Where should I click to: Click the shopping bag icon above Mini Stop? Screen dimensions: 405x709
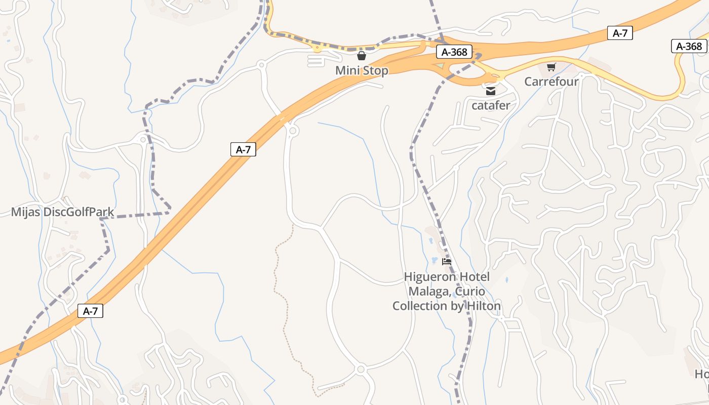(x=362, y=56)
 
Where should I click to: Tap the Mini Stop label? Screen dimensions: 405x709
(x=362, y=70)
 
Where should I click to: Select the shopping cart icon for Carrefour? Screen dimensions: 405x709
(x=552, y=67)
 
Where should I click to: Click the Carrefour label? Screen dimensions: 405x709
(x=551, y=82)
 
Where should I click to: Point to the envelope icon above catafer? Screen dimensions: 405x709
(x=491, y=91)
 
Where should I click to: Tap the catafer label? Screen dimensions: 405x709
(x=491, y=106)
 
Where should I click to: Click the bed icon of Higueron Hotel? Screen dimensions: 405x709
(x=446, y=262)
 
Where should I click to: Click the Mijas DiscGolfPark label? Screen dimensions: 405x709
(x=63, y=212)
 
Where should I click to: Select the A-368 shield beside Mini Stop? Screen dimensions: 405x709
(x=454, y=52)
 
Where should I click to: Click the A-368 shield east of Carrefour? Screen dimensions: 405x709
(x=689, y=47)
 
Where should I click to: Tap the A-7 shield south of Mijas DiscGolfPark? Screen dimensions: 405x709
(x=90, y=311)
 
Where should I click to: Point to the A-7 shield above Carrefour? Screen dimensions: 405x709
(x=620, y=33)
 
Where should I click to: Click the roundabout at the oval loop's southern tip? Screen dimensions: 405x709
(x=361, y=370)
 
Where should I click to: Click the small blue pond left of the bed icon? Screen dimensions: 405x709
(x=434, y=260)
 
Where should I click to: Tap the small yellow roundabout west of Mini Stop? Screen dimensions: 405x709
(x=318, y=49)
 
